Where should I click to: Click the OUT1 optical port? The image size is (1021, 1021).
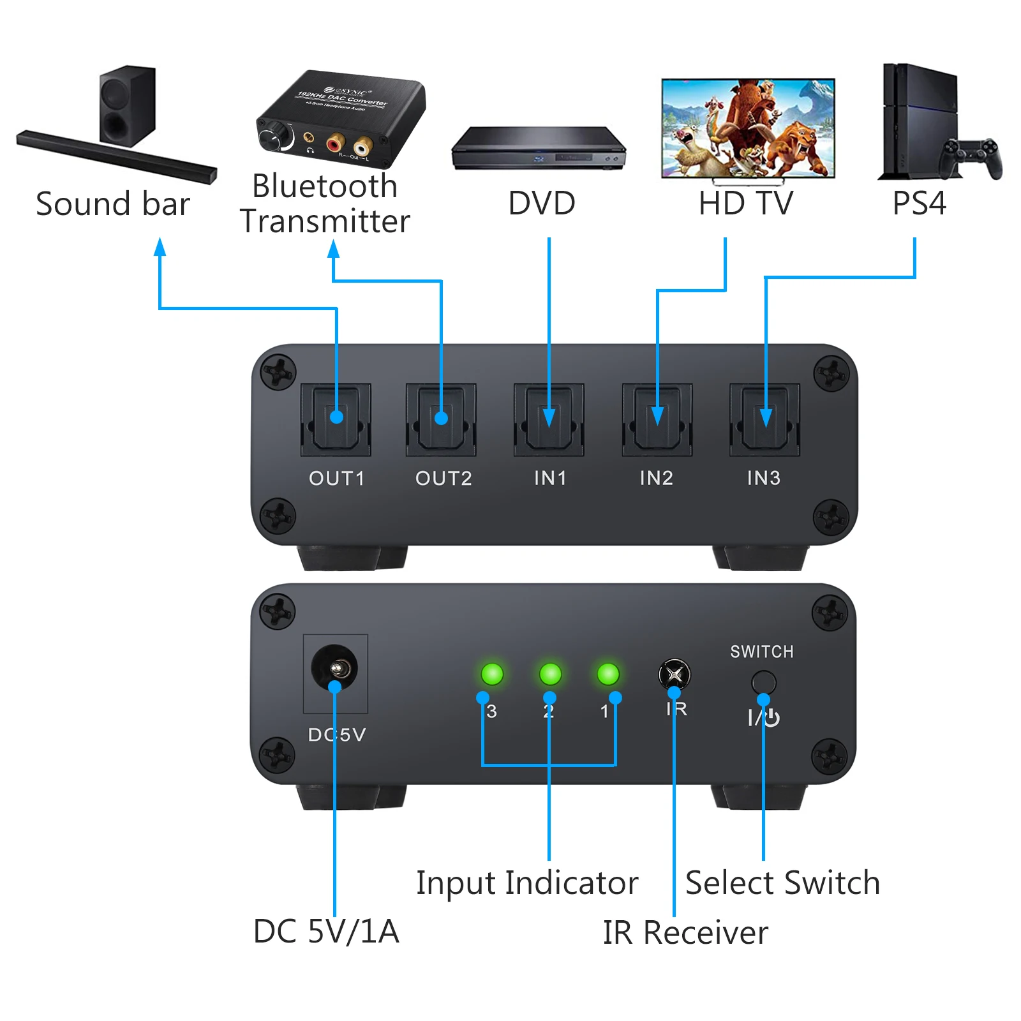tap(336, 419)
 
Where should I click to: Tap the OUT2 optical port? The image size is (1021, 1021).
tap(442, 419)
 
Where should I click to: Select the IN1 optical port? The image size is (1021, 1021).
tap(549, 419)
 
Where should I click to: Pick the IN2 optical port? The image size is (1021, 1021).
tap(657, 419)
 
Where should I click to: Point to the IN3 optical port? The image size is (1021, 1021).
tap(764, 419)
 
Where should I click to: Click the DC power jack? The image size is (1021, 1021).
tap(334, 669)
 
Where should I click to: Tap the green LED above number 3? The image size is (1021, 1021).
tap(492, 673)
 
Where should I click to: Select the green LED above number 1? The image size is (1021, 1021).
tap(607, 673)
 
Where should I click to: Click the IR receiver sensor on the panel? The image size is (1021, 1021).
tap(674, 674)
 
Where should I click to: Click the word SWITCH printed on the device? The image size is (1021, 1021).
tap(762, 652)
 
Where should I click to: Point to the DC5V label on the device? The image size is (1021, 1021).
tap(337, 734)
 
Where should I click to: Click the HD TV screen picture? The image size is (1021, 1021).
tap(748, 128)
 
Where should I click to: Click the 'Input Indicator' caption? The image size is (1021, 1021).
tap(527, 883)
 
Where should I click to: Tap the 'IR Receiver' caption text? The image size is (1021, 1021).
tap(685, 932)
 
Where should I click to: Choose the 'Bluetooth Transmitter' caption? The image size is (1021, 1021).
tap(325, 204)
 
